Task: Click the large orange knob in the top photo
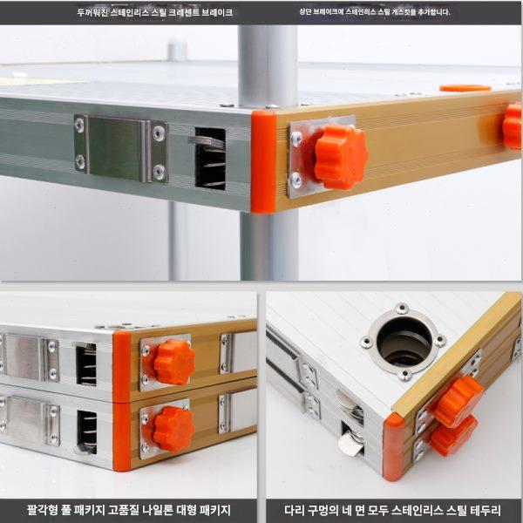pyautogui.click(x=341, y=157)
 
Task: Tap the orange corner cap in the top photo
pyautogui.click(x=263, y=162)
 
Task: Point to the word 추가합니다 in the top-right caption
pyautogui.click(x=433, y=12)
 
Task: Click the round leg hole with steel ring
pyautogui.click(x=404, y=342)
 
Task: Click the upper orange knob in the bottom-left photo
pyautogui.click(x=174, y=362)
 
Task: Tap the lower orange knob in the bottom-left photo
pyautogui.click(x=173, y=429)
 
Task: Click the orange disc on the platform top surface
pyautogui.click(x=465, y=88)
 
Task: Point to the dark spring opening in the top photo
pyautogui.click(x=210, y=159)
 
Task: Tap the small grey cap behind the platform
pyautogui.click(x=177, y=49)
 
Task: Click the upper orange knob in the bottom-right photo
pyautogui.click(x=458, y=400)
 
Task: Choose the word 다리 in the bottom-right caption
pyautogui.click(x=293, y=510)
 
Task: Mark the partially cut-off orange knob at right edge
pyautogui.click(x=513, y=126)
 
